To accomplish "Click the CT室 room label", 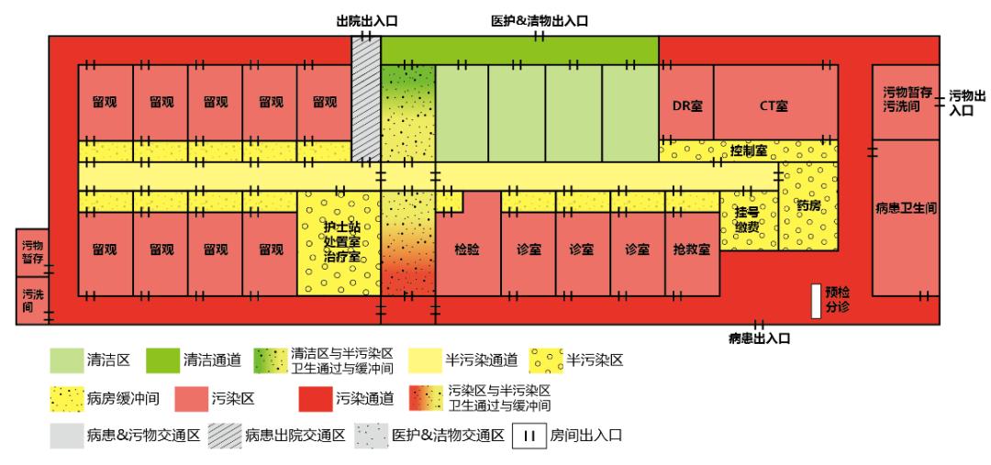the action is click(774, 105).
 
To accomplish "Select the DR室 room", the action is click(686, 105).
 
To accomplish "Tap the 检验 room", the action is click(468, 249).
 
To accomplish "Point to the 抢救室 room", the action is click(691, 249).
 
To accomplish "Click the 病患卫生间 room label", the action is click(906, 209).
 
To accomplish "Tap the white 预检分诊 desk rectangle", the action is click(815, 301).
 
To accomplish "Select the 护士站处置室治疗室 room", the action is click(341, 244).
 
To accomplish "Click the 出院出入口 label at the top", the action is click(367, 20).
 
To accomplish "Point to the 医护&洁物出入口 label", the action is click(539, 20).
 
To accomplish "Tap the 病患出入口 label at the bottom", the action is click(760, 338).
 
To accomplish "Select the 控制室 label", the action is click(749, 149).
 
